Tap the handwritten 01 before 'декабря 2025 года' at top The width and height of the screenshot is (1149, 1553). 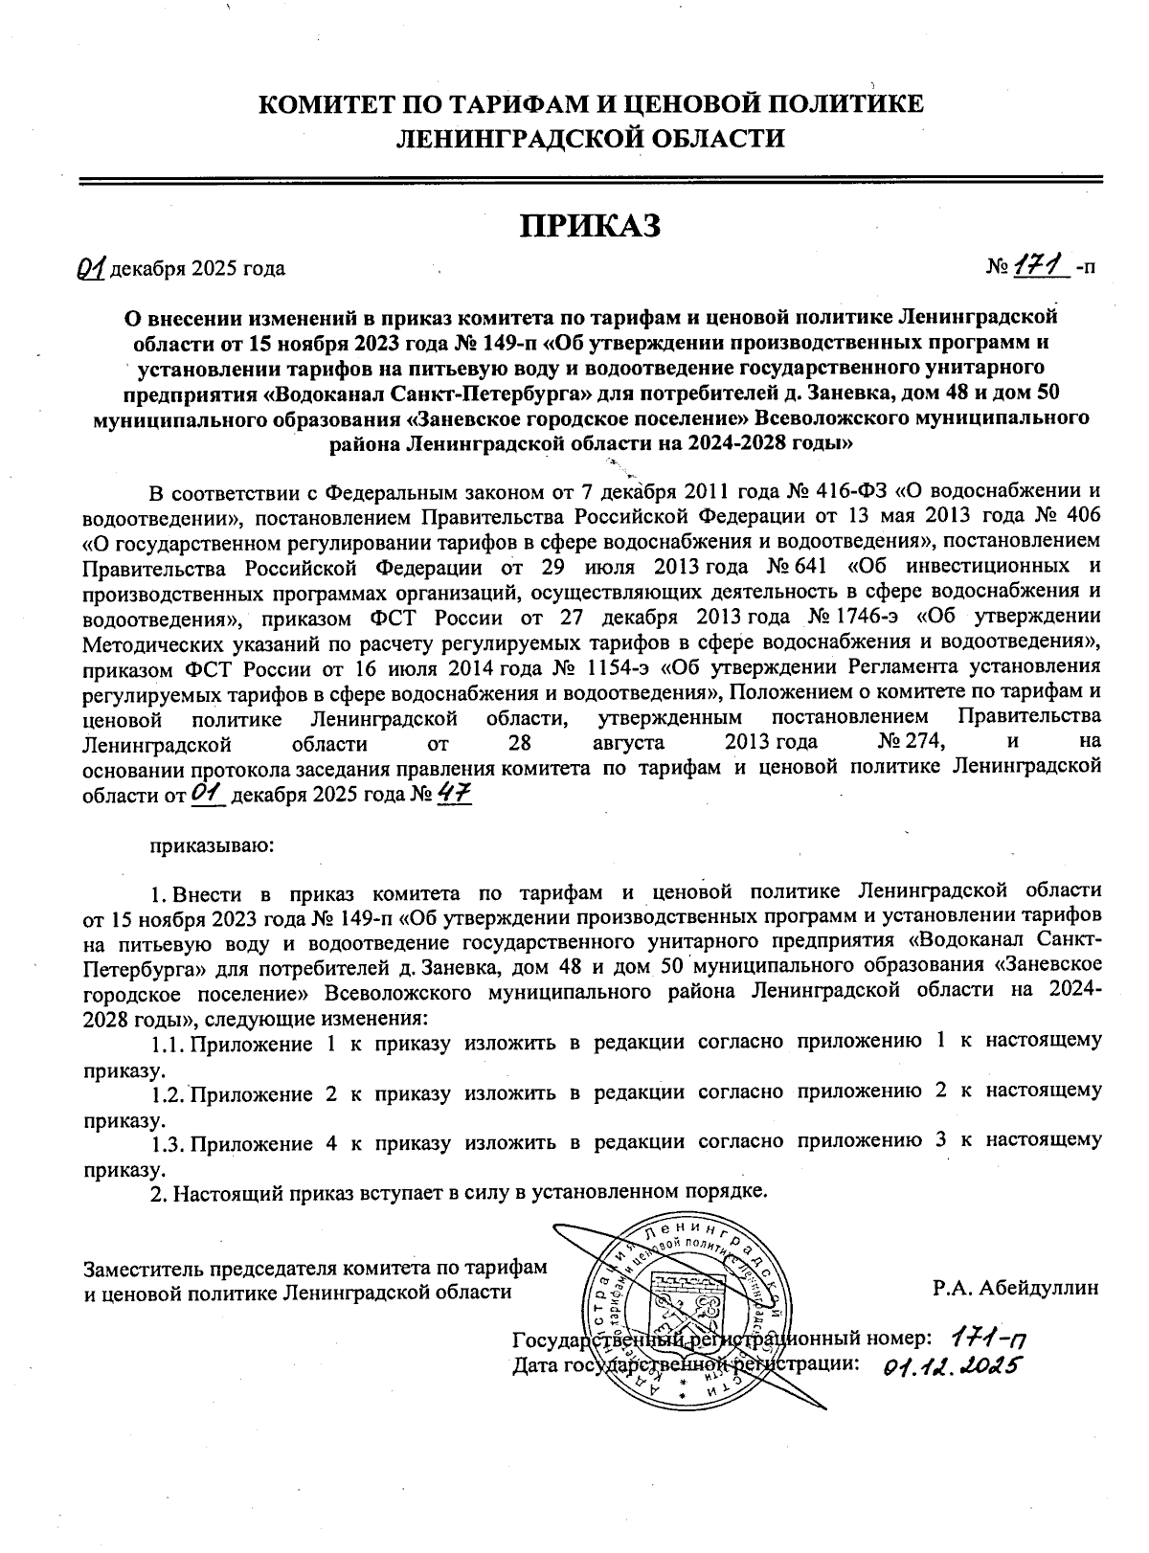[93, 268]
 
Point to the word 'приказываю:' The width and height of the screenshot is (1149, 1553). [211, 845]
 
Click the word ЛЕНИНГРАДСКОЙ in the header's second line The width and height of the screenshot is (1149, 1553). [504, 138]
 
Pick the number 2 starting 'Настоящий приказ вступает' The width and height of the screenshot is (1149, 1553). [158, 1192]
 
